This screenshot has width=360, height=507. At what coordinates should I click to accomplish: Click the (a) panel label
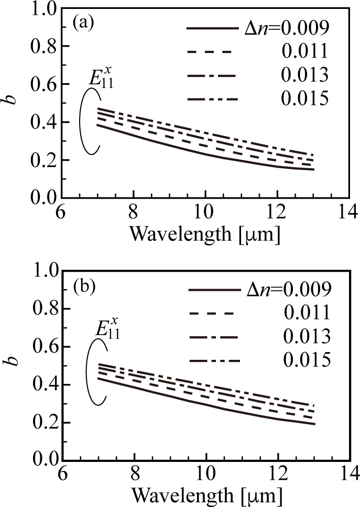[84, 24]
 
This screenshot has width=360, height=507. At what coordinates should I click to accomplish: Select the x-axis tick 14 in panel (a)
[346, 212]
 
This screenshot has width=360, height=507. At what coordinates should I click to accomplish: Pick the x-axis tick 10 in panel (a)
[205, 212]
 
